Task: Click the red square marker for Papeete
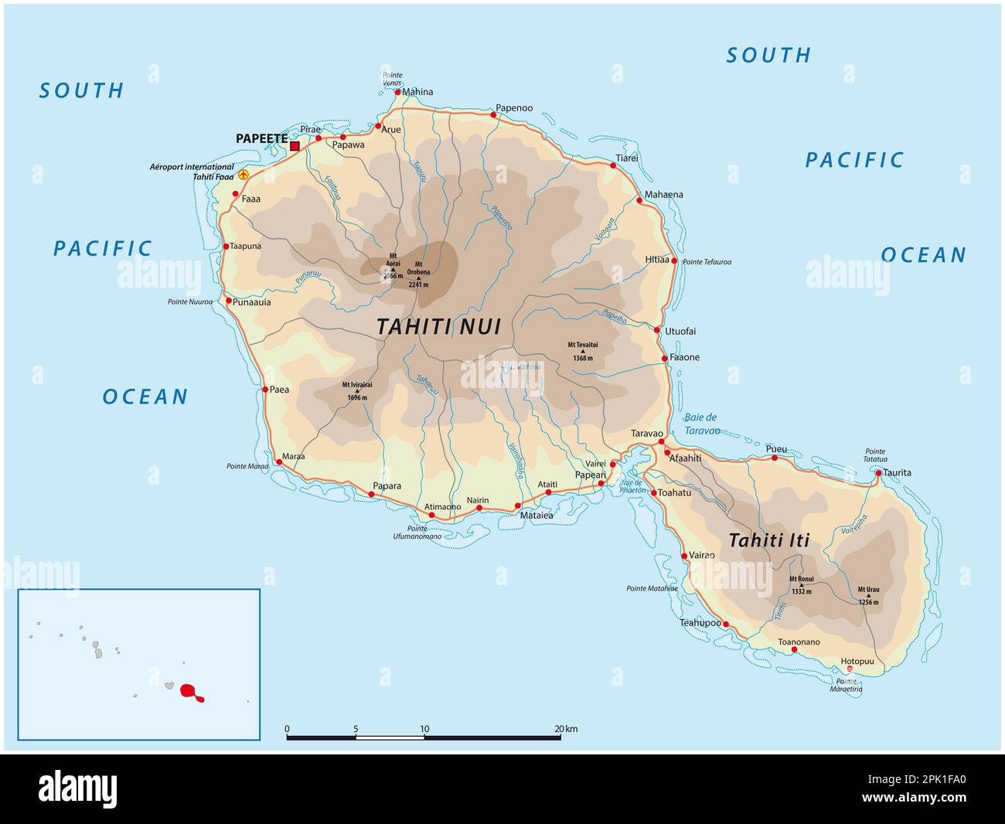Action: pos(295,145)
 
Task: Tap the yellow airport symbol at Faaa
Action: pos(244,175)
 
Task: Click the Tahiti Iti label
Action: pos(768,540)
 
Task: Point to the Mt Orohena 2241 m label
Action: pos(418,274)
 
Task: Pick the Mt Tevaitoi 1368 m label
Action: pos(583,351)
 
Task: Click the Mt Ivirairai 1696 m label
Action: pos(356,390)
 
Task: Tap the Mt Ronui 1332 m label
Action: pos(801,585)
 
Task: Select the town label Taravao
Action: pos(648,433)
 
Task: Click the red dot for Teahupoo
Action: pos(725,623)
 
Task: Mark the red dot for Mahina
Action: pos(398,93)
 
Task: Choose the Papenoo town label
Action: pos(514,108)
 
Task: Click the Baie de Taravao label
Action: pos(702,424)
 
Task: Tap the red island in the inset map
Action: pos(189,691)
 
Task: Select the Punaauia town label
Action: pos(252,302)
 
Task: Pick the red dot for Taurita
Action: pos(878,472)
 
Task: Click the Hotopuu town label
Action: pos(857,662)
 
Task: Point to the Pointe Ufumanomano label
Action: pos(417,532)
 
